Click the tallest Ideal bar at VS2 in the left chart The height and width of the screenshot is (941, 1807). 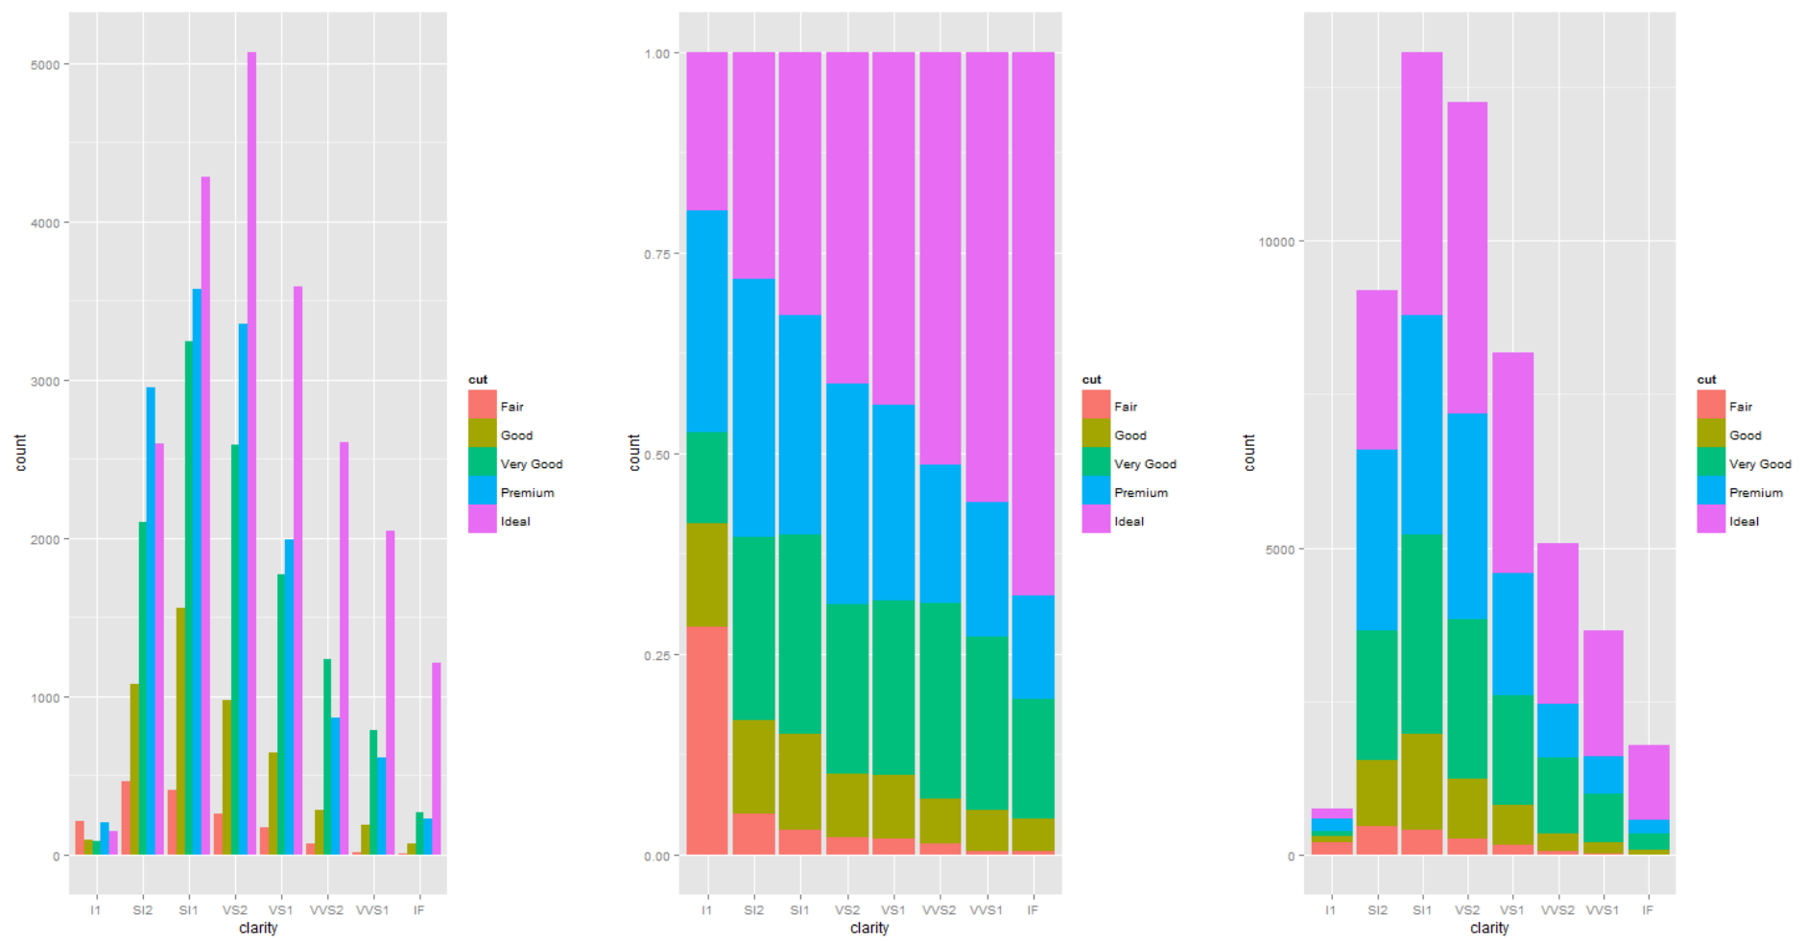(251, 451)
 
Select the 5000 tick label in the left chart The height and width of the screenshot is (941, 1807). (45, 65)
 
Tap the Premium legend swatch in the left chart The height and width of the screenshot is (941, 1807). (482, 492)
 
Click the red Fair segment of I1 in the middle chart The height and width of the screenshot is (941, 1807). (706, 740)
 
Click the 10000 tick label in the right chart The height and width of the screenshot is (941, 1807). (1275, 242)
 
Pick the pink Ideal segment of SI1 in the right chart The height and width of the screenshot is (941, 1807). (1421, 183)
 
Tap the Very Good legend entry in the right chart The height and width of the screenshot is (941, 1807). (1759, 464)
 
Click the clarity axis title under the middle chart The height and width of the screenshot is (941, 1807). (868, 928)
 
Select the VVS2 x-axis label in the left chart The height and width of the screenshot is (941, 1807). (326, 909)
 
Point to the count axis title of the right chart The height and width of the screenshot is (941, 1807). (1248, 452)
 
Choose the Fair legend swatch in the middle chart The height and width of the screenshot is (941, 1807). (1096, 406)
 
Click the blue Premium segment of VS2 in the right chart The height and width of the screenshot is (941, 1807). (1466, 516)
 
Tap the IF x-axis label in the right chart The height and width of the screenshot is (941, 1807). (1647, 909)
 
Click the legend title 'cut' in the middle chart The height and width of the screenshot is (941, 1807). (1091, 380)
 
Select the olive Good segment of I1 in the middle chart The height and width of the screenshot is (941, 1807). (706, 575)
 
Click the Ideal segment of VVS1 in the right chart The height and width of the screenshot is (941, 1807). (1602, 693)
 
